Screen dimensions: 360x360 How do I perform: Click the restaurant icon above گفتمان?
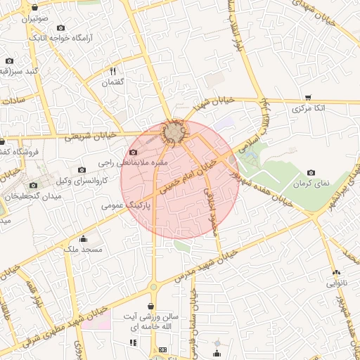(x=112, y=71)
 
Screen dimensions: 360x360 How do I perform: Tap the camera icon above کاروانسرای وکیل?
(x=82, y=169)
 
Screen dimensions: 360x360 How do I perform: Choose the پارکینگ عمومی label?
(x=122, y=206)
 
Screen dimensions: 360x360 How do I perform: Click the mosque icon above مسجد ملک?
(x=84, y=238)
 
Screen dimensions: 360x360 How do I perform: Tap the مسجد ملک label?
(x=84, y=250)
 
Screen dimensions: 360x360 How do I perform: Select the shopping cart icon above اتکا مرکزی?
(x=308, y=98)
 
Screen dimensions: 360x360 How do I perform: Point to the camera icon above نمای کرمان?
(x=311, y=172)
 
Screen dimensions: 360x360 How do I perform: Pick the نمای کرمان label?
(x=311, y=184)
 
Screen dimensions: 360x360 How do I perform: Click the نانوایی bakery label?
(x=334, y=284)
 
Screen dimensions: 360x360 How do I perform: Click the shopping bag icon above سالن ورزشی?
(x=152, y=306)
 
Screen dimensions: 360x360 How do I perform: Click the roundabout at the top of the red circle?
(x=173, y=131)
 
